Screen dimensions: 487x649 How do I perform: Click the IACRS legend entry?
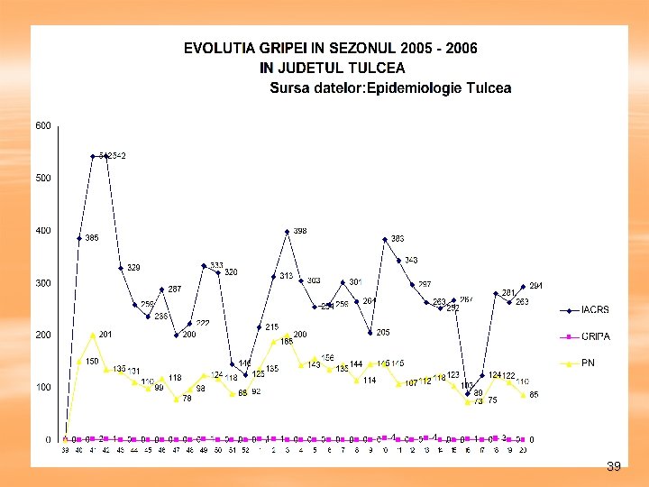(x=594, y=309)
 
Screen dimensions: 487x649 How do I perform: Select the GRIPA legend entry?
(x=594, y=336)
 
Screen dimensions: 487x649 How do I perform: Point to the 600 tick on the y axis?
(x=43, y=125)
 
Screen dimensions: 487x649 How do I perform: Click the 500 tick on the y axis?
(x=43, y=178)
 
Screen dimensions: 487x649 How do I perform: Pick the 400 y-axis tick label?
(x=43, y=230)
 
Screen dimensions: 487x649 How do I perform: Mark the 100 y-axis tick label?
(x=43, y=387)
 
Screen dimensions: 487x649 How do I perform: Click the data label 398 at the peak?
(x=300, y=231)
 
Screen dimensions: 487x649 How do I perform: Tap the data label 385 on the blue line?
(x=92, y=238)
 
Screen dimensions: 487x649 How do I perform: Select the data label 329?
(x=133, y=268)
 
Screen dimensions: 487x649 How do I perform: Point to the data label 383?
(x=398, y=239)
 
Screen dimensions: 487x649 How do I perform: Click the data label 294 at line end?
(x=535, y=286)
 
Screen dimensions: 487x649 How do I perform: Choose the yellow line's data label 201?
(x=105, y=335)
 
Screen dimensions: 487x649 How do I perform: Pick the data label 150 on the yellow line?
(x=92, y=361)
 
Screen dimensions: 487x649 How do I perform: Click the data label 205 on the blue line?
(x=383, y=333)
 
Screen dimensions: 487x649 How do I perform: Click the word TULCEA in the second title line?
(x=379, y=68)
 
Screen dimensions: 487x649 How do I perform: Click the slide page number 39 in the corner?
(x=614, y=466)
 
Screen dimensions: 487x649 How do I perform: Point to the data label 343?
(x=411, y=260)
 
